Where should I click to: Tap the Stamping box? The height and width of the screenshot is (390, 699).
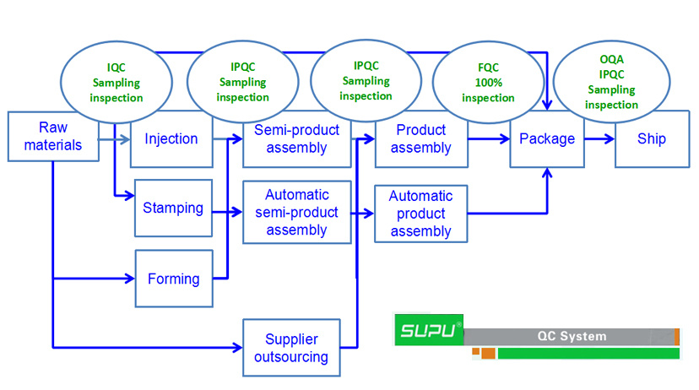pos(173,209)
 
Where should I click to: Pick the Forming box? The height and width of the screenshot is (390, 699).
pos(174,279)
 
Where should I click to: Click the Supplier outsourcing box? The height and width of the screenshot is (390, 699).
pos(291,348)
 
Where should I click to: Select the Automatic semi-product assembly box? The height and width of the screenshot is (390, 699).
pos(297,212)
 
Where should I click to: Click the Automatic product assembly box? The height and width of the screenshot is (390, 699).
pos(420,214)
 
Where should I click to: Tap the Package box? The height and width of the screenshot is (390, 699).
pos(547,139)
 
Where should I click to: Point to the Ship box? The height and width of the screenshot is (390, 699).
pos(653,139)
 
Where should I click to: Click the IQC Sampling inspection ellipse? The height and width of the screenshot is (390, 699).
pos(116,83)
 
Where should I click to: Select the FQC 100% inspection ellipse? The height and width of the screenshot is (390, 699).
pos(488,83)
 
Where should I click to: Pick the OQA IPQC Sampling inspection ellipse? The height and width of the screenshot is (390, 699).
pos(611,82)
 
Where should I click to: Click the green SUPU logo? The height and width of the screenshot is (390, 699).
pos(429,330)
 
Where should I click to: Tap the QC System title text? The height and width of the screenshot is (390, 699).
pos(572,336)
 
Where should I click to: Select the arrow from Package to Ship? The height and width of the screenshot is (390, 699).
pos(599,139)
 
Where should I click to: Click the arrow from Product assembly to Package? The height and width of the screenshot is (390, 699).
pos(489,139)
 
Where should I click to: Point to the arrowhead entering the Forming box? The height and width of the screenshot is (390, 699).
pos(130,279)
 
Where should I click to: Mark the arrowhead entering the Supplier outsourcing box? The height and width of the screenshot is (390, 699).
pos(238,347)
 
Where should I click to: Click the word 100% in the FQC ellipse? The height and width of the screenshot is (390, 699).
pos(489,83)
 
